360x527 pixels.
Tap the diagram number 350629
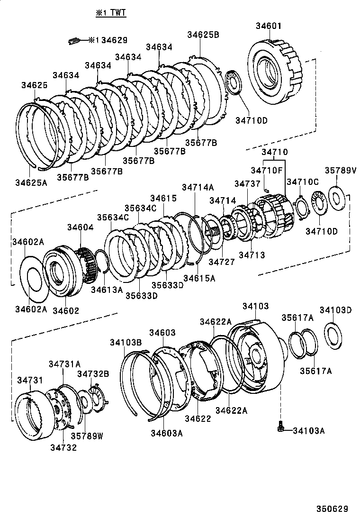pos(332,509)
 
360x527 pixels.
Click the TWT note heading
pos(111,13)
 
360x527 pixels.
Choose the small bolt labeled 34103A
pos(280,427)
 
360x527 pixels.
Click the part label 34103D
pos(335,310)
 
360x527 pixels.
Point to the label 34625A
pos(31,182)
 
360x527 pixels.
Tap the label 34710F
pos(267,170)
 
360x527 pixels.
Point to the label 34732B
pos(93,373)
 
